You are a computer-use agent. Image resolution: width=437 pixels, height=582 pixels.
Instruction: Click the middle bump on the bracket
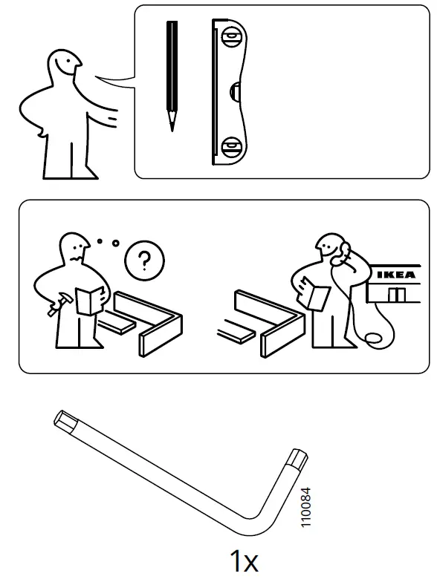click(x=236, y=91)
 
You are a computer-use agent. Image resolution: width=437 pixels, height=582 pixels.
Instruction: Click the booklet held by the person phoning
click(x=316, y=296)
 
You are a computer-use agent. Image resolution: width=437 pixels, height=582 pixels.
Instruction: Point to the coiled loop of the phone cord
click(x=375, y=338)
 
